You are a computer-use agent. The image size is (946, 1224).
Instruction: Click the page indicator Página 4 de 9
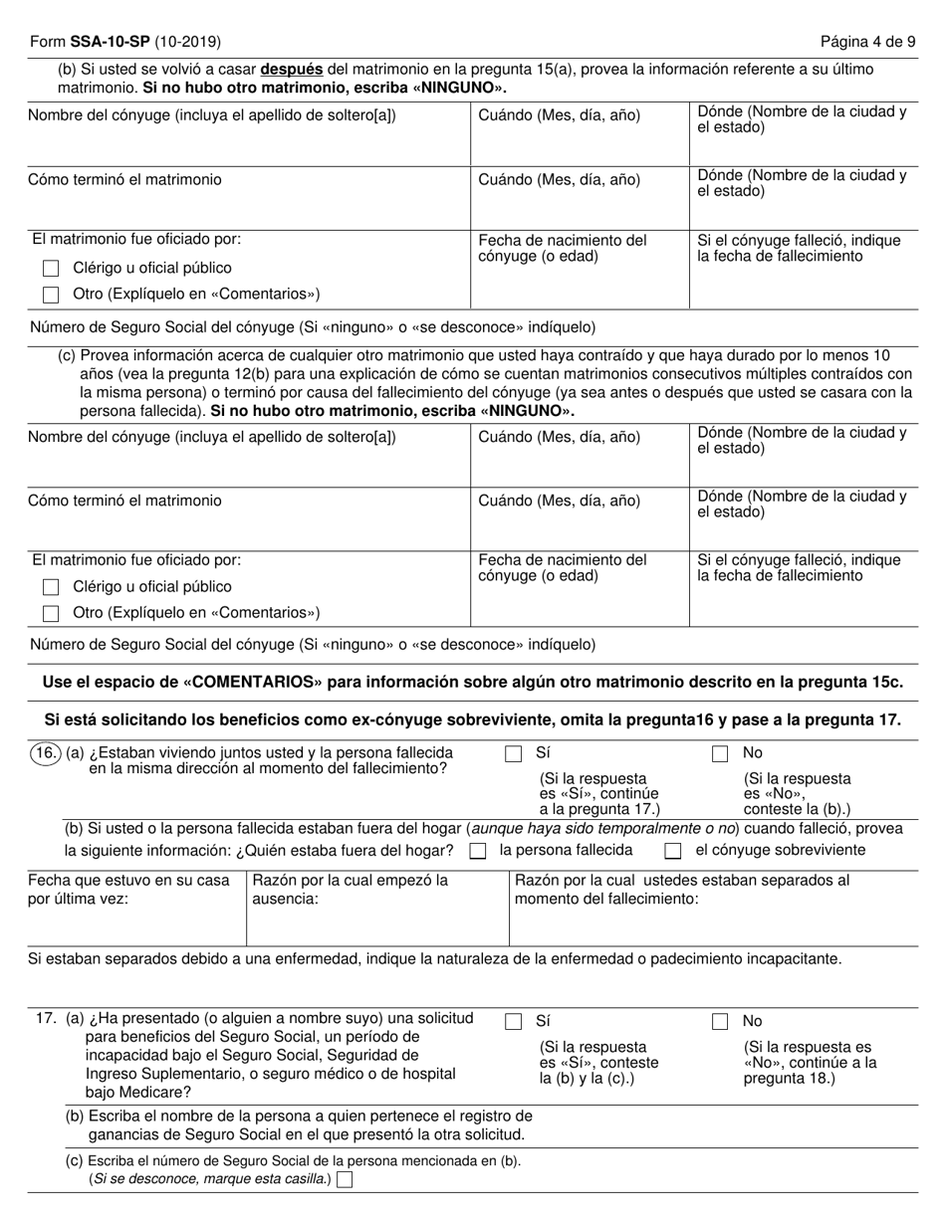(x=867, y=42)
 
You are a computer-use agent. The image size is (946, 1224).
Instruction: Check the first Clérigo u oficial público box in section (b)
(x=52, y=269)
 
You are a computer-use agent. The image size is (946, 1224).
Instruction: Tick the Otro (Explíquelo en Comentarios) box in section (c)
(x=52, y=614)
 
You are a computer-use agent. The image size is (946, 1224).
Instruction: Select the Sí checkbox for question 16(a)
(x=514, y=754)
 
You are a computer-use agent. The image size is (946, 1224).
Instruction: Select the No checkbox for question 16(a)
(x=720, y=754)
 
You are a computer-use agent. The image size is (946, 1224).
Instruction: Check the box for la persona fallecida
(x=478, y=851)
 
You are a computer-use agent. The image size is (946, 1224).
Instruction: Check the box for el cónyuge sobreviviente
(x=673, y=851)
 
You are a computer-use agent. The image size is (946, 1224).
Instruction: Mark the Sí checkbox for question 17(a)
(x=514, y=1021)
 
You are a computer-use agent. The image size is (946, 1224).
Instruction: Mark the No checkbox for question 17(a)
(x=720, y=1021)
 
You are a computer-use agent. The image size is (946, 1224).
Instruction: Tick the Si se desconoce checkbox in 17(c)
(x=346, y=1180)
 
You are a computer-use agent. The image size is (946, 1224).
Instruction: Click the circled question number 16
(x=45, y=753)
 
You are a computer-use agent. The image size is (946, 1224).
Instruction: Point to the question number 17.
(x=43, y=1019)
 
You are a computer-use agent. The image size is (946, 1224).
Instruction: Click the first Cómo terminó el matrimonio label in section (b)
(x=125, y=180)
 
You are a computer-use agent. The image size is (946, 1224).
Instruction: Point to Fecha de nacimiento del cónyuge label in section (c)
(x=563, y=568)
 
